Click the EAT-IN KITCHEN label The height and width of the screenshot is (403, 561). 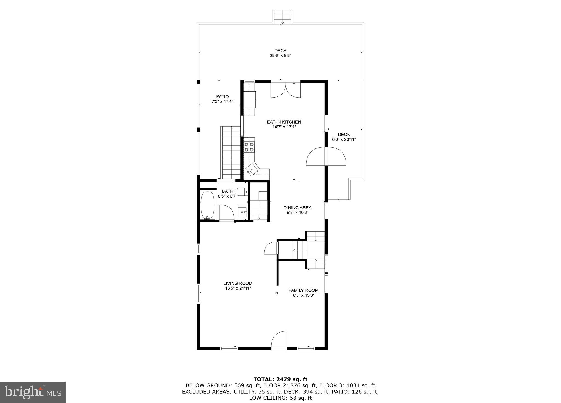pos(284,122)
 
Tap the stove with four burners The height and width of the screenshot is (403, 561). pos(249,147)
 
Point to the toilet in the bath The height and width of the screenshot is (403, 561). pos(241,192)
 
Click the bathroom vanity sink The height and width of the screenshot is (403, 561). pos(242,212)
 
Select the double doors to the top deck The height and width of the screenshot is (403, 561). pos(286,90)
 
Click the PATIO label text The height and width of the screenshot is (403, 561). pos(222,96)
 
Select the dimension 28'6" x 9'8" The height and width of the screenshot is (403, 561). pos(280,55)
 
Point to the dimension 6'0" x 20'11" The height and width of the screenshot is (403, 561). pos(344,139)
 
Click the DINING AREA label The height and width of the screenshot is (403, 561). pos(297,208)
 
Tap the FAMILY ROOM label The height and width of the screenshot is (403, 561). pos(303,290)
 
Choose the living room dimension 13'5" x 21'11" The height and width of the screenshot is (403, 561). pos(238,288)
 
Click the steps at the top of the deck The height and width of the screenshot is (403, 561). pos(283,17)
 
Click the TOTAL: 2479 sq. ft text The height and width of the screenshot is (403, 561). pos(280,379)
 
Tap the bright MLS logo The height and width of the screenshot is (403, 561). pos(33,392)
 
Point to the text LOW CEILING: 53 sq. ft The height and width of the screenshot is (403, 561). pos(280,398)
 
